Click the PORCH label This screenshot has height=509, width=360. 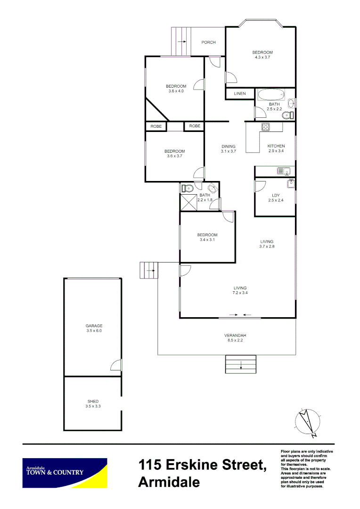click(208, 42)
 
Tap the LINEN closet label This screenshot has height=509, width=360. click(240, 94)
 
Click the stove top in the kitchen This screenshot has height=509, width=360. click(265, 126)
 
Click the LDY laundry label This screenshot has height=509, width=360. click(276, 196)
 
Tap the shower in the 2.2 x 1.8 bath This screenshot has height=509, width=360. click(189, 202)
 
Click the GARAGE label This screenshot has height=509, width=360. click(94, 326)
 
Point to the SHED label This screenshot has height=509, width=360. click(93, 402)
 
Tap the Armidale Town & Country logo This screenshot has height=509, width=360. click(65, 473)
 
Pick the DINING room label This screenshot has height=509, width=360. click(228, 147)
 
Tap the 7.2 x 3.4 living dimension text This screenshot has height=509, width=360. click(240, 293)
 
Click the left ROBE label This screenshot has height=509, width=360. click(156, 126)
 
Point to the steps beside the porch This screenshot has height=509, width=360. click(180, 41)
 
